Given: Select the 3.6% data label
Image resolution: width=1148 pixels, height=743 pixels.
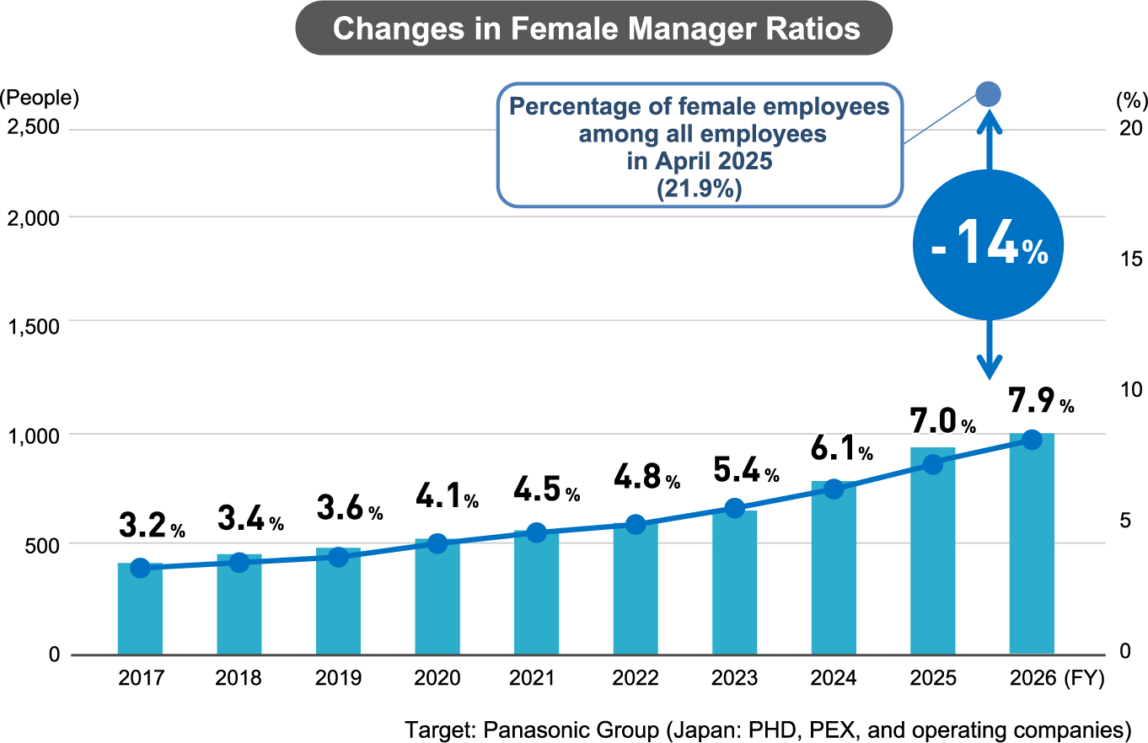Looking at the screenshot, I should [350, 509].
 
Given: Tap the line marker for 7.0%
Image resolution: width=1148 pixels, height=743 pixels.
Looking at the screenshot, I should [932, 464].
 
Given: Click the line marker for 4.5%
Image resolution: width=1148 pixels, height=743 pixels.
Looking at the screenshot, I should [536, 532].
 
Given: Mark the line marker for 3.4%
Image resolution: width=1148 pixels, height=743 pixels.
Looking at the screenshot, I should [239, 563].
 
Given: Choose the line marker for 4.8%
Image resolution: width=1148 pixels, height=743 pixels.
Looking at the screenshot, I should [636, 525].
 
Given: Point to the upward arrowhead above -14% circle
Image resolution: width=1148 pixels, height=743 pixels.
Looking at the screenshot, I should [989, 122].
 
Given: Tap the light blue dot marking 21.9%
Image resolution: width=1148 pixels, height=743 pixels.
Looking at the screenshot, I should [988, 94].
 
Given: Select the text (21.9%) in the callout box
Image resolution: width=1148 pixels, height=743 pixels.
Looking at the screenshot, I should [699, 190].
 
